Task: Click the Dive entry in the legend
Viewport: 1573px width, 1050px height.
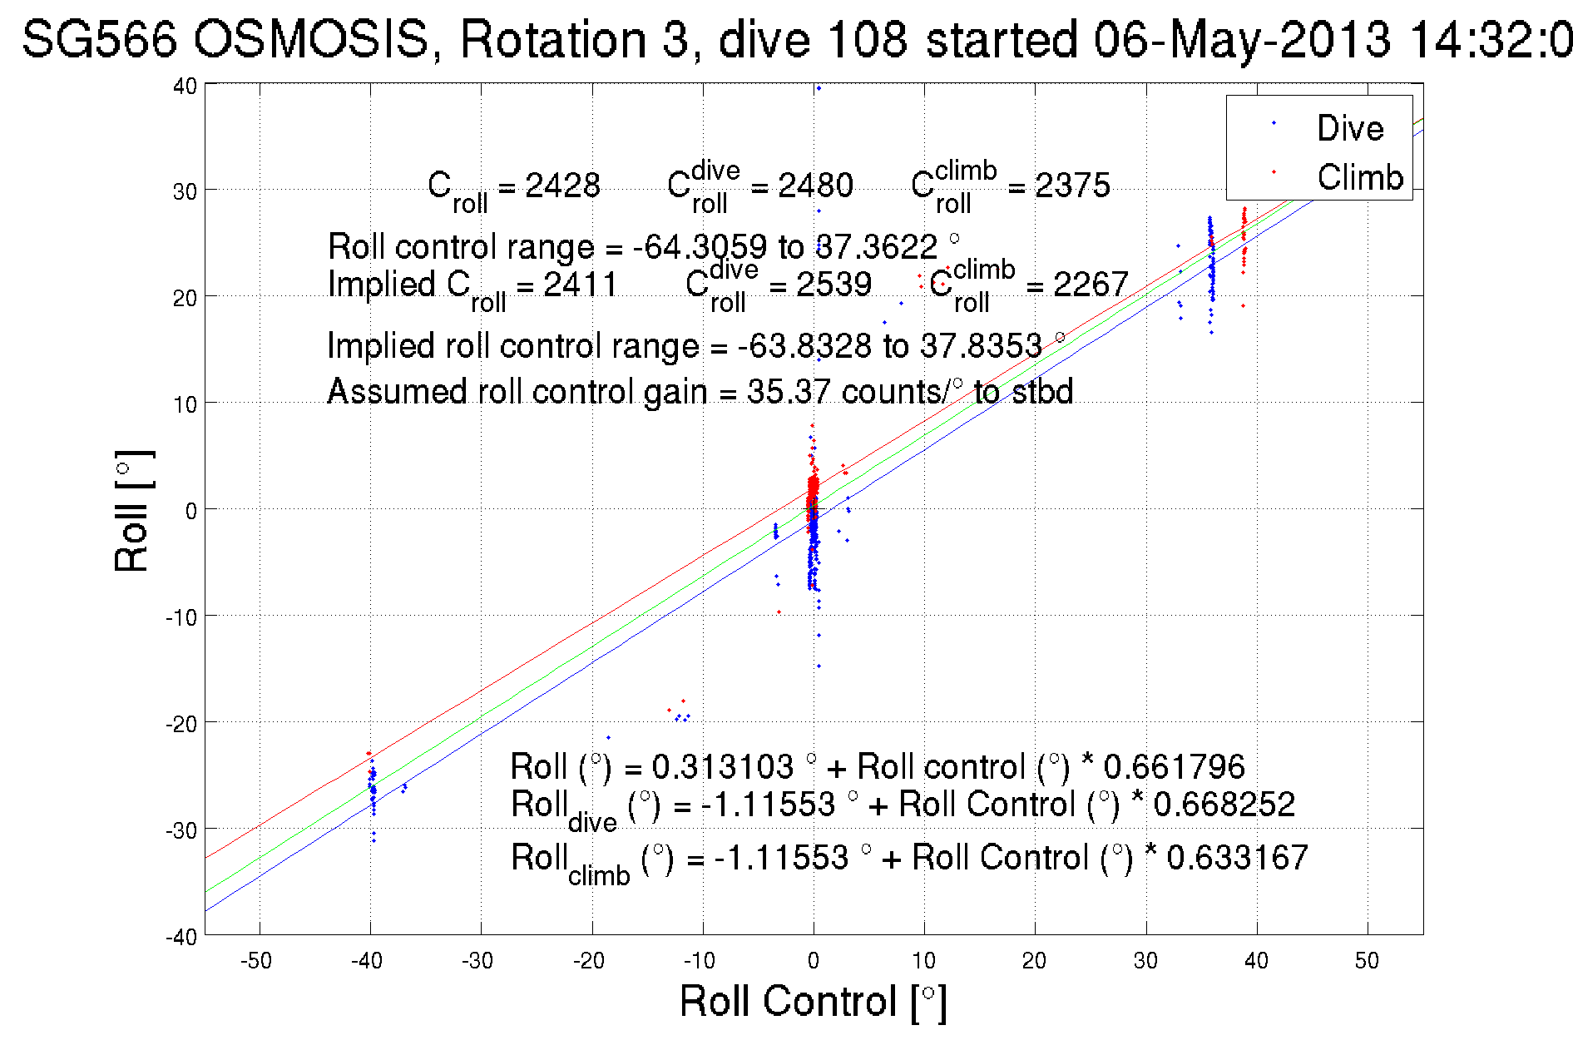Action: [x=1348, y=128]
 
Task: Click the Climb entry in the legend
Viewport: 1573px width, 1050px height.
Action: [x=1359, y=177]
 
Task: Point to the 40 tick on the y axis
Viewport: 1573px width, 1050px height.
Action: [x=185, y=86]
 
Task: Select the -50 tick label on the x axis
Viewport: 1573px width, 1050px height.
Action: [x=255, y=961]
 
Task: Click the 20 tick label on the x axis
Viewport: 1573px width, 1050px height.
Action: [x=1034, y=961]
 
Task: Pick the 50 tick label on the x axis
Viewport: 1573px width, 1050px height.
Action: [x=1367, y=961]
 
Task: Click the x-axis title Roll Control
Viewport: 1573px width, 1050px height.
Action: [x=813, y=1001]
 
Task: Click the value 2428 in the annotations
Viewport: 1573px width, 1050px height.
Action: [x=562, y=185]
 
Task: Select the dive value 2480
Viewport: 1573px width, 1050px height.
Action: [x=815, y=185]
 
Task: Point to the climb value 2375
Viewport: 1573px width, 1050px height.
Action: [x=1072, y=185]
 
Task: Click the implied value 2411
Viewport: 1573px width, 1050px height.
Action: [x=580, y=285]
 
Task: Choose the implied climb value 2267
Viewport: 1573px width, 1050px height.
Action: [x=1091, y=285]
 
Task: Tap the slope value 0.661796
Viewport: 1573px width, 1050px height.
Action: [x=1174, y=766]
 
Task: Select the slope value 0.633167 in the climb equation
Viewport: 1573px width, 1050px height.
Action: [x=1237, y=857]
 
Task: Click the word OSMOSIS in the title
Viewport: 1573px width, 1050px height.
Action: [x=312, y=39]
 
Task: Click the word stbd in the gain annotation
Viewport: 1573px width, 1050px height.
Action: [x=1042, y=391]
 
